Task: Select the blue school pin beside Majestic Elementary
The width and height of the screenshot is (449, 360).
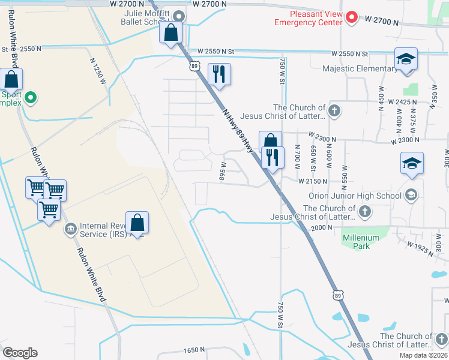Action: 406,59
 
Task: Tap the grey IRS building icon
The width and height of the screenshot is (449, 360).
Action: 70,227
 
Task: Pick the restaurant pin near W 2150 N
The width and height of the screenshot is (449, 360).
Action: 273,158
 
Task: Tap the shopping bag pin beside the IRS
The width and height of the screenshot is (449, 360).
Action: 137,223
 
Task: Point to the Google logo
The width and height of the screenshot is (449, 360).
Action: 20,353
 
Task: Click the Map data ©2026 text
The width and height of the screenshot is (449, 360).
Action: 423,355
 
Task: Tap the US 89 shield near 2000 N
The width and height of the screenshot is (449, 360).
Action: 339,295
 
